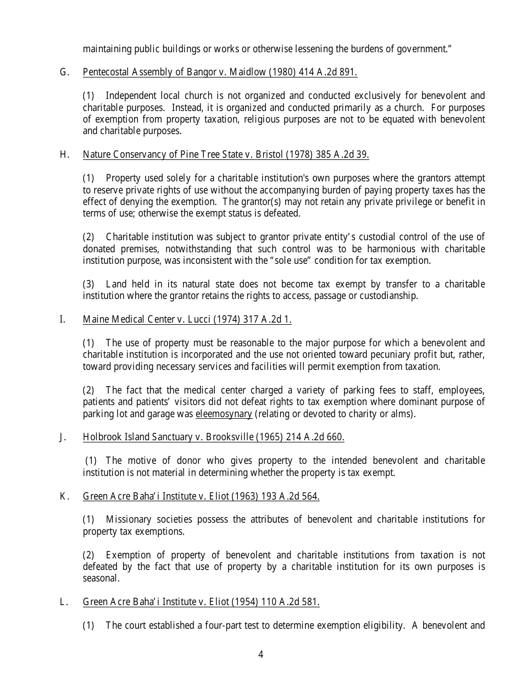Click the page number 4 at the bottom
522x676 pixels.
click(260, 654)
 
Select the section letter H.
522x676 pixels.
click(64, 154)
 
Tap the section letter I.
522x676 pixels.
click(63, 319)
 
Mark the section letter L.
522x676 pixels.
click(63, 602)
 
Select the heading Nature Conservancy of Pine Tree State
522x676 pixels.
click(163, 154)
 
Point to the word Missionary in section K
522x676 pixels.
click(126, 519)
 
